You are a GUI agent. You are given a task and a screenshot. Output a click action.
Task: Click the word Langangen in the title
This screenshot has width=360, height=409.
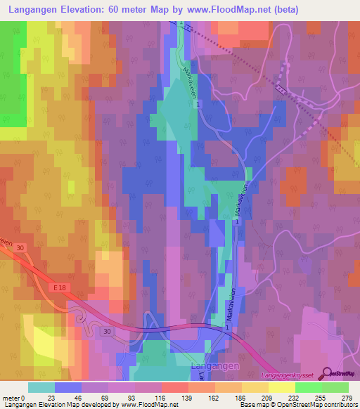(x=36, y=10)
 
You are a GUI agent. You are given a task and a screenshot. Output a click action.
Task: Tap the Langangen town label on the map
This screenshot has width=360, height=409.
(x=214, y=367)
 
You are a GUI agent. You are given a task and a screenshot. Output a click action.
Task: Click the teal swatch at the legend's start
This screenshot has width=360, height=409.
(x=41, y=387)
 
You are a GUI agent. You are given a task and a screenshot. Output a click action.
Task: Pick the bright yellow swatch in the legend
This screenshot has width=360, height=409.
(x=281, y=387)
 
